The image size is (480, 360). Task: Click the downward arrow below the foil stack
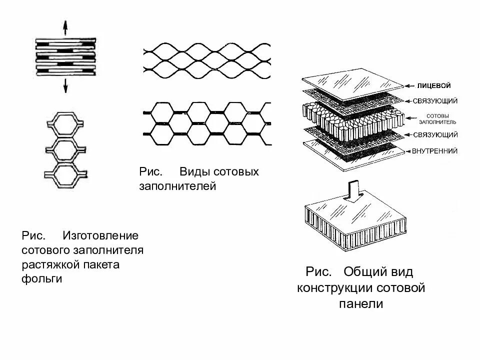[x=64, y=86]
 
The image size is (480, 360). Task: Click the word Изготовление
[x=100, y=235]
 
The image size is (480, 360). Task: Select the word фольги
[x=41, y=278]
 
